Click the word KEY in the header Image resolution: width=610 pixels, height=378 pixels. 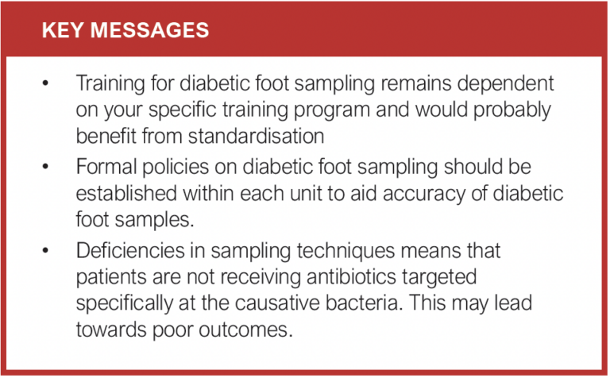(62, 31)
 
